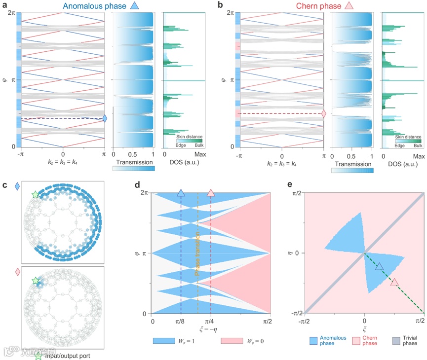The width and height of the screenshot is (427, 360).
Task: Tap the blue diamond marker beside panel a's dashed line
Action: coord(105,118)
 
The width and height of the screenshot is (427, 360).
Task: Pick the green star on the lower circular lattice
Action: coord(35,281)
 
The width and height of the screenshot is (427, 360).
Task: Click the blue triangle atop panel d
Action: coord(181,193)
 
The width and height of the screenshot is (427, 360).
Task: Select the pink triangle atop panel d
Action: coord(211,193)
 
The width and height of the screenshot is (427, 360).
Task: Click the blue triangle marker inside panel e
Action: coord(379,266)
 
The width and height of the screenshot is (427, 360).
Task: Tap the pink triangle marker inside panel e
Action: coord(394,282)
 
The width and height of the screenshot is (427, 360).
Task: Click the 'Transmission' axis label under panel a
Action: coord(134,161)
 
